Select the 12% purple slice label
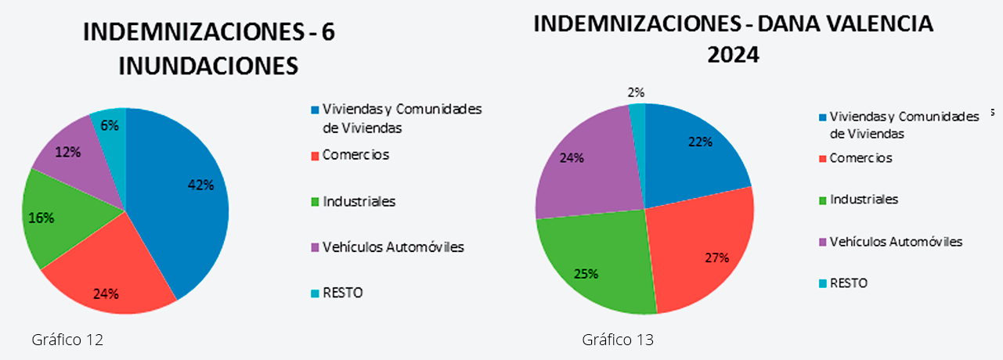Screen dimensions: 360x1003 click(x=68, y=152)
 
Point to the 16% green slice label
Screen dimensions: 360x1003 click(x=41, y=218)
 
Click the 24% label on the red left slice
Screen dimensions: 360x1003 click(x=106, y=294)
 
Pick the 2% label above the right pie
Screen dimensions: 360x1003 click(x=637, y=92)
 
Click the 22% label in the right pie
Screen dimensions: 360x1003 click(x=700, y=142)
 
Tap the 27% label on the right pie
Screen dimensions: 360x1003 click(x=716, y=257)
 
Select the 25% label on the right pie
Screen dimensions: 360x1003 click(x=586, y=273)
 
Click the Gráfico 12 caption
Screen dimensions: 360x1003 click(x=68, y=340)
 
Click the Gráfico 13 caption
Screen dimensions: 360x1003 click(x=618, y=340)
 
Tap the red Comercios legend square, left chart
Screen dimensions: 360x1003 click(x=315, y=156)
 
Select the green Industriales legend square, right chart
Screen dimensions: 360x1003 click(x=822, y=200)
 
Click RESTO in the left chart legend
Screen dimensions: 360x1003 click(x=343, y=293)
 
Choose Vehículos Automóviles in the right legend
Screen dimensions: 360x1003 click(x=896, y=241)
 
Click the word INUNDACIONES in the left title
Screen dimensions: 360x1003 click(x=208, y=66)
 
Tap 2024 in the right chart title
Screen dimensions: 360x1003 click(x=734, y=56)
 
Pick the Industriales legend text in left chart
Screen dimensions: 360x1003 click(x=359, y=201)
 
